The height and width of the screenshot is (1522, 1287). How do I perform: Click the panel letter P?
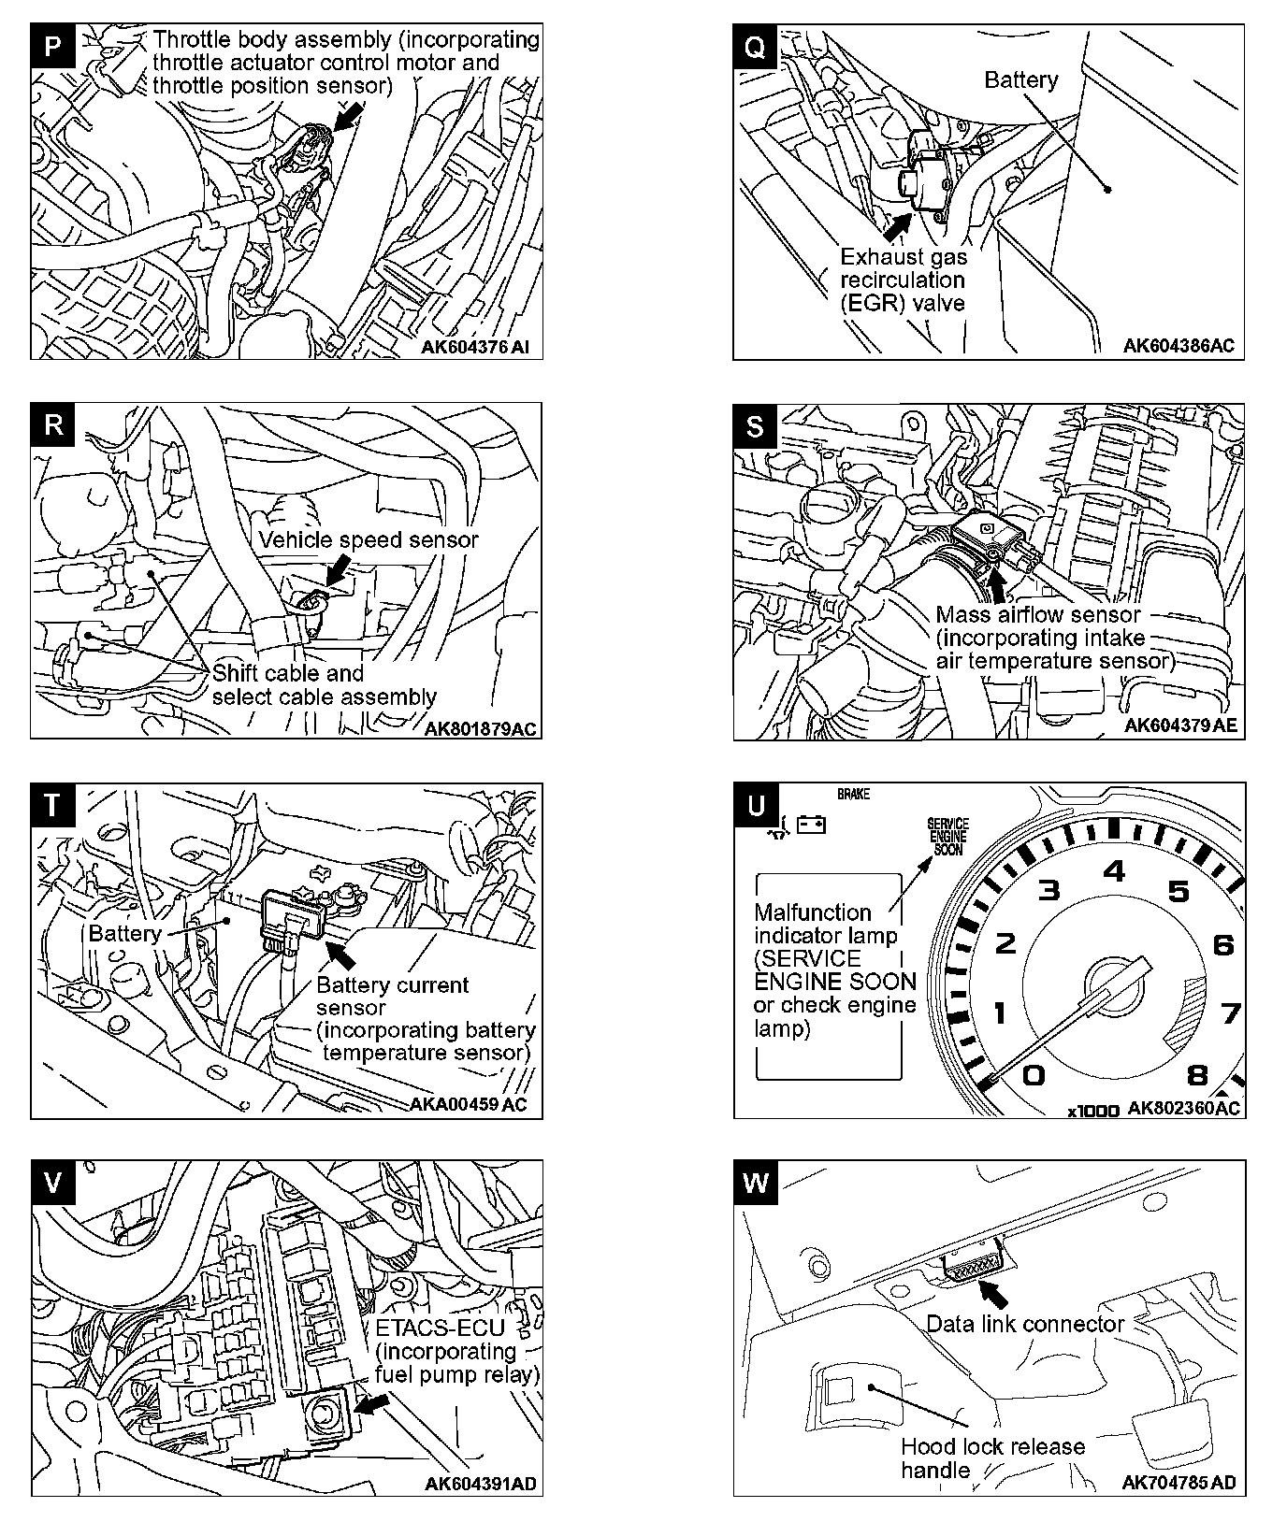[53, 48]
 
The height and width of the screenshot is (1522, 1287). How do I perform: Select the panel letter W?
[756, 1183]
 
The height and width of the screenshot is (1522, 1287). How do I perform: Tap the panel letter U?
[756, 805]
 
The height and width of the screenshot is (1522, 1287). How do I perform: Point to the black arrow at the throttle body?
[348, 116]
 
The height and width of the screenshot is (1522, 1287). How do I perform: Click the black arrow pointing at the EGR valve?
[897, 225]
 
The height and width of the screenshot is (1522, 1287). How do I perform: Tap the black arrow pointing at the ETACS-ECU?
[373, 1405]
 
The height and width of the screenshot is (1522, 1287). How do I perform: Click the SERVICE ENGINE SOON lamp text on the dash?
[947, 837]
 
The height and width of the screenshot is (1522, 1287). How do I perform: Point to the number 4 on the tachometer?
[1114, 871]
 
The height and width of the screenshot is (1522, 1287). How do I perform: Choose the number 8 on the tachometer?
[1197, 1074]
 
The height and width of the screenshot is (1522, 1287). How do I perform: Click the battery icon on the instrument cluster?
[811, 825]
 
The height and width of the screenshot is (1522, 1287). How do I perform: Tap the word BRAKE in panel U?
[853, 794]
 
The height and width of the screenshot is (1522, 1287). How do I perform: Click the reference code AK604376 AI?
[474, 347]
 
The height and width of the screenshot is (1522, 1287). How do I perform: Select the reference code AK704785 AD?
[1178, 1483]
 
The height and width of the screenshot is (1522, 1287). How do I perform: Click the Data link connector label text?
[1024, 1324]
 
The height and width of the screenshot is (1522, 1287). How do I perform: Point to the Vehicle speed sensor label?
[368, 540]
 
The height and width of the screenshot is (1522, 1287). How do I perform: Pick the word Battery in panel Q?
[1020, 80]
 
